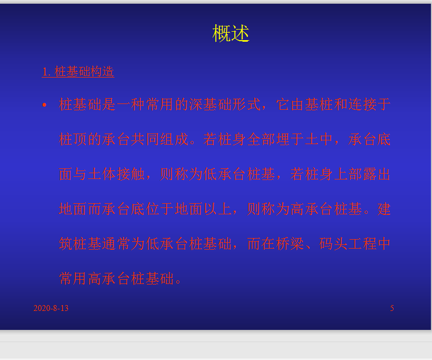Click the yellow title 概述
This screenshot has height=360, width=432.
point(231,33)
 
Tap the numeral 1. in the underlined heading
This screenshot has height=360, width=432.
point(46,72)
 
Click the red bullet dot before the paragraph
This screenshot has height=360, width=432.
point(44,105)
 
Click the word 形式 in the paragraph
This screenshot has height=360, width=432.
point(246,105)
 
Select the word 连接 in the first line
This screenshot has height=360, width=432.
point(362,105)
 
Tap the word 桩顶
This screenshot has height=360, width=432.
point(73,139)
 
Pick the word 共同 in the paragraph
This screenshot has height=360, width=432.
point(145,139)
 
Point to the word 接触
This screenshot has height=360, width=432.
point(131,174)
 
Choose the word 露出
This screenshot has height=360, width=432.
point(377,174)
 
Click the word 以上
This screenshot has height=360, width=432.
point(218,209)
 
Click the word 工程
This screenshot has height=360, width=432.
point(362,244)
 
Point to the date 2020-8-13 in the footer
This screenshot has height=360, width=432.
point(51,308)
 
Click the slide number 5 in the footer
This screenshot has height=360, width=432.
point(392,308)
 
